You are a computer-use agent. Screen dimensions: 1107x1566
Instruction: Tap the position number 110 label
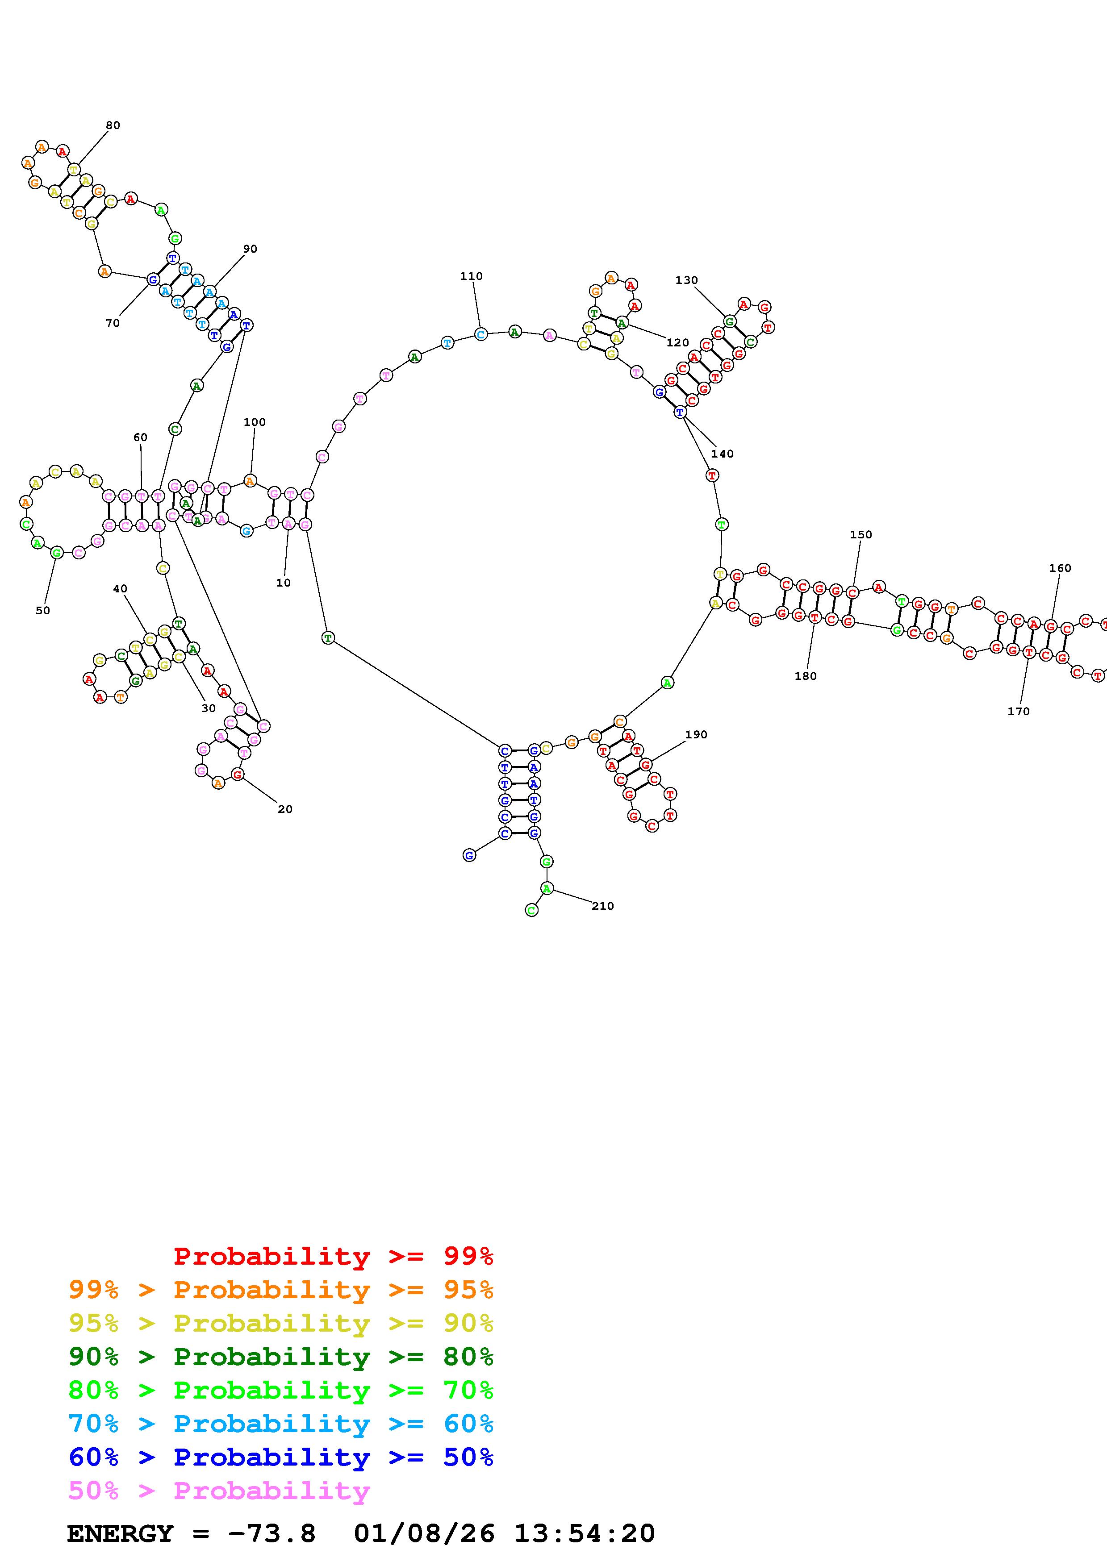point(471,276)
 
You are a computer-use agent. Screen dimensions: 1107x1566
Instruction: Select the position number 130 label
point(686,280)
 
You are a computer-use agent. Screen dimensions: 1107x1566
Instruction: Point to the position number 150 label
point(861,535)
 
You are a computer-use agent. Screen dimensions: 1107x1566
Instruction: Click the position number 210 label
point(602,907)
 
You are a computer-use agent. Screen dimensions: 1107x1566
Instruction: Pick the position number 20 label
point(285,810)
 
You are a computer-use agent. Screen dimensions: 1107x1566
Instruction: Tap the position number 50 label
point(43,611)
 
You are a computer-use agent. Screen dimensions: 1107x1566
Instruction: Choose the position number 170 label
point(1018,712)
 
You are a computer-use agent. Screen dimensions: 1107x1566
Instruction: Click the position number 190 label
point(696,735)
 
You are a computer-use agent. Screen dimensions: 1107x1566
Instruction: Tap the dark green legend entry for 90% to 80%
point(281,1357)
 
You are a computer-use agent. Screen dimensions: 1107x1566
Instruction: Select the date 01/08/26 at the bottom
point(424,1533)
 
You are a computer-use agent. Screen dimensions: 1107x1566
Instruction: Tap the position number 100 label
point(255,422)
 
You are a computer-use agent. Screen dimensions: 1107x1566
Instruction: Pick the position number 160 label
point(1060,568)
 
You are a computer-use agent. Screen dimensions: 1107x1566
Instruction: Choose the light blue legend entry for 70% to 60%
point(281,1424)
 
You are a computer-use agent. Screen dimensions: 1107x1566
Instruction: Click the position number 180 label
point(806,676)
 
